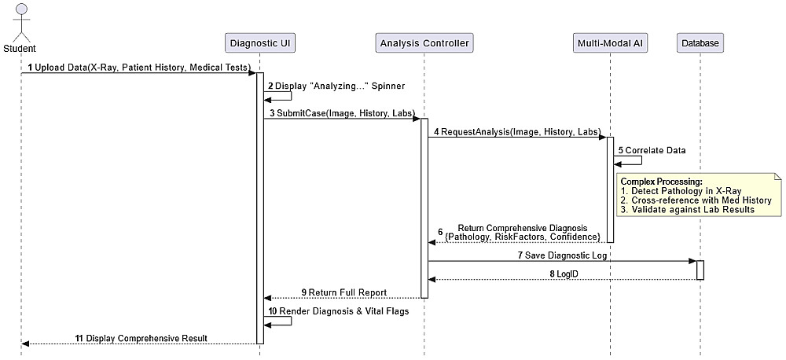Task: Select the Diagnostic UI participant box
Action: (259, 43)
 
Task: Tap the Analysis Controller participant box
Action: (424, 43)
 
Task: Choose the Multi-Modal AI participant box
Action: (610, 43)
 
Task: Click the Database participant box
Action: (699, 43)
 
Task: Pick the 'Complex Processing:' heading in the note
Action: (661, 182)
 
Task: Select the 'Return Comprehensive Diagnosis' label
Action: (522, 228)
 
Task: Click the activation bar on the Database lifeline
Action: (700, 270)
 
